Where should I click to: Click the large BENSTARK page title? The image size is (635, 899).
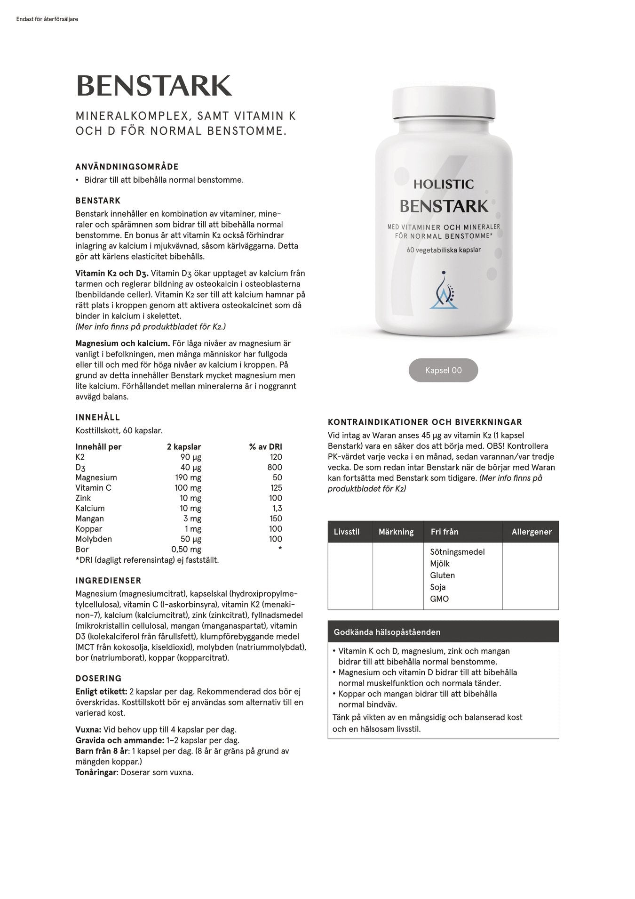(154, 86)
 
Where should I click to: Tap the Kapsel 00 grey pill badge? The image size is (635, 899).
(443, 370)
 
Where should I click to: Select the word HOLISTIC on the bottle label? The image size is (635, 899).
(443, 184)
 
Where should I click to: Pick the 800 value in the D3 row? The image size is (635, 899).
(275, 467)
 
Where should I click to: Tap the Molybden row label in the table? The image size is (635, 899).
(94, 539)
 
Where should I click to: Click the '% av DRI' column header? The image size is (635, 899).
(266, 446)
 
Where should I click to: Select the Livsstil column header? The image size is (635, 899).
(347, 532)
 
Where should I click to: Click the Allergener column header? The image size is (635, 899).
(532, 532)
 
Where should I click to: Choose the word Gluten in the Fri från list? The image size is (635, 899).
(442, 575)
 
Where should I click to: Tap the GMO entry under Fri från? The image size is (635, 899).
(439, 599)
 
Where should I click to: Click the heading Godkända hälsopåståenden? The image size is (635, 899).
(387, 632)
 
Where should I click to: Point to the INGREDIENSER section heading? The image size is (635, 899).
(108, 581)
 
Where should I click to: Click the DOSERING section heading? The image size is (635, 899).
(98, 678)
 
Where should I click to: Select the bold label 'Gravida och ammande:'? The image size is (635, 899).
(119, 740)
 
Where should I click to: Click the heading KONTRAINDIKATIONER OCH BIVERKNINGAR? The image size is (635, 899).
(425, 422)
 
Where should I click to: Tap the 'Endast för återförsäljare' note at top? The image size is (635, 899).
(47, 19)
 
